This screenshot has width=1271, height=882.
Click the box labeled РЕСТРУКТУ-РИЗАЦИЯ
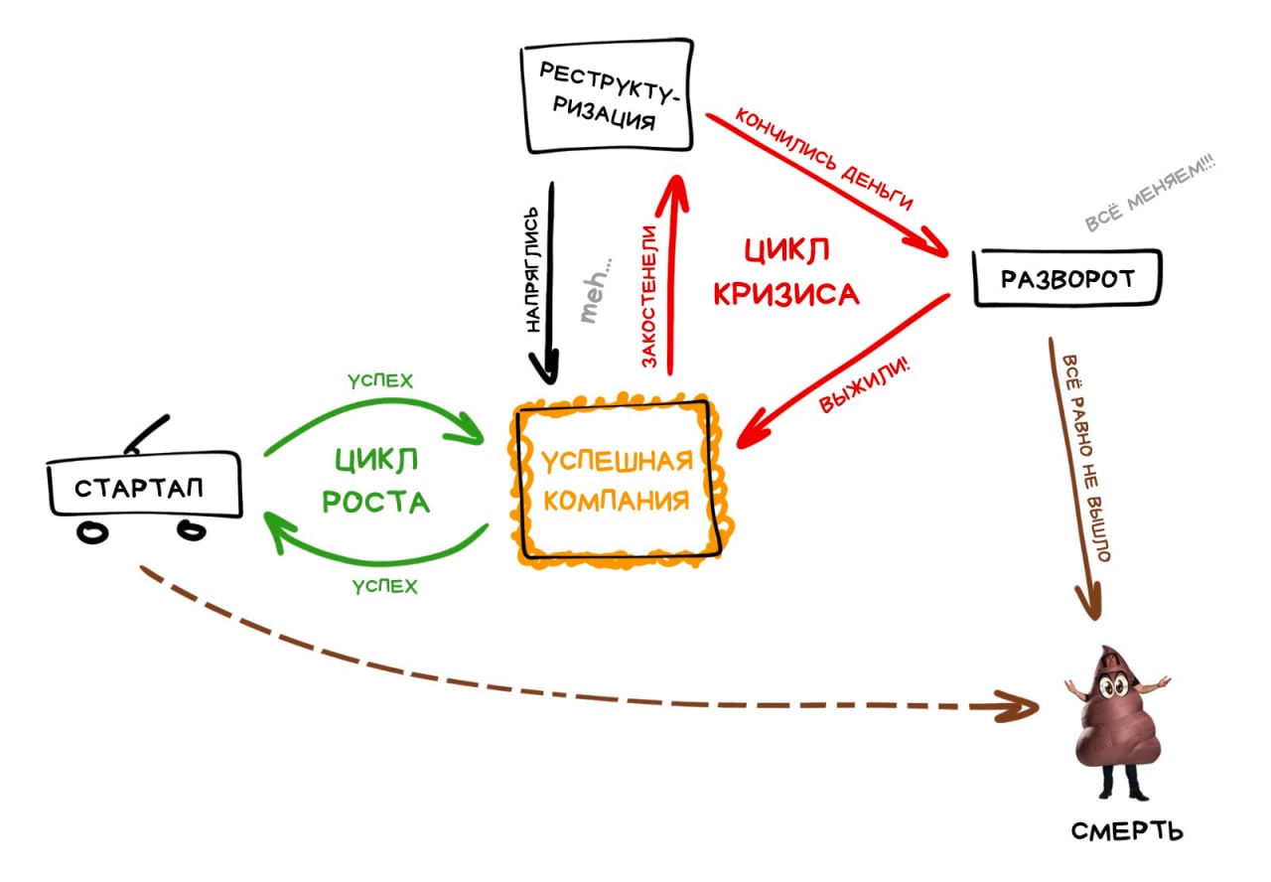[x=607, y=95]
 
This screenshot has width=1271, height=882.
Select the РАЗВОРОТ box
[x=1067, y=278]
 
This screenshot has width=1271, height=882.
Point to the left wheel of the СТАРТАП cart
[x=92, y=533]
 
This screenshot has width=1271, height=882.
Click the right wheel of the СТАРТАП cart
[x=192, y=530]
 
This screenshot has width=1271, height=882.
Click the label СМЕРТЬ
[x=1127, y=831]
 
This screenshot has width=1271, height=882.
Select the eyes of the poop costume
[x=1113, y=685]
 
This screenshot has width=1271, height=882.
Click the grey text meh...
[x=596, y=291]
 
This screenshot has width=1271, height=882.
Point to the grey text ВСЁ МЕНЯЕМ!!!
[x=1150, y=193]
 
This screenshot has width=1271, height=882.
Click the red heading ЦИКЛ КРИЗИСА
[x=785, y=272]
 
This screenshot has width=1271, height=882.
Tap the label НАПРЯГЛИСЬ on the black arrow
[x=531, y=269]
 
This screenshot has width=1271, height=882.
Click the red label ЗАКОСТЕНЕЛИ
[x=649, y=296]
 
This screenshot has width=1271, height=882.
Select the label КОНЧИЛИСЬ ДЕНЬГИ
[x=824, y=159]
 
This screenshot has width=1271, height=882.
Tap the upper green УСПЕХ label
[x=380, y=380]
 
